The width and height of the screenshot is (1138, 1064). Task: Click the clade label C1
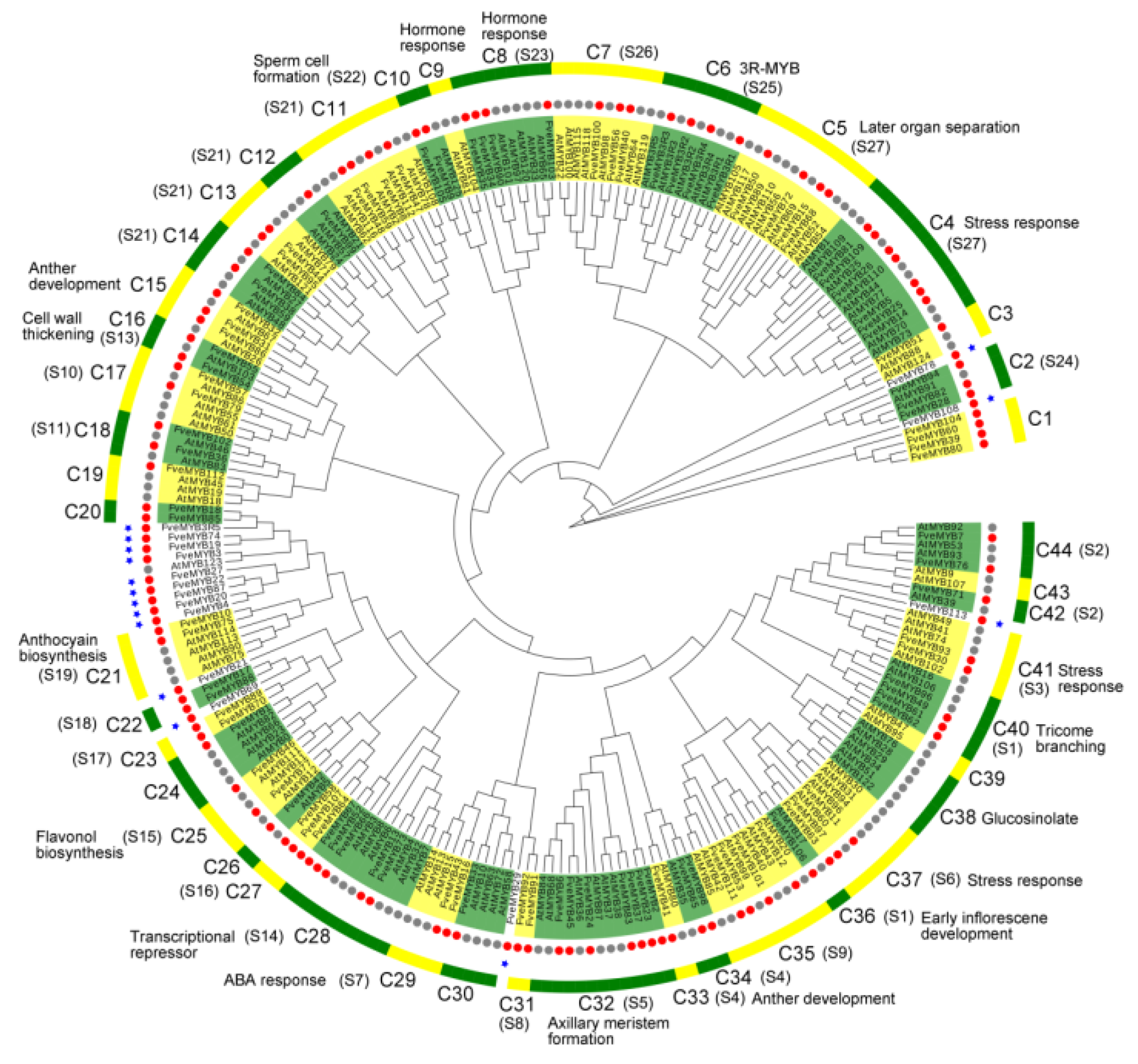pyautogui.click(x=1040, y=419)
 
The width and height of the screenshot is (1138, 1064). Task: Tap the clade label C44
pyautogui.click(x=1054, y=550)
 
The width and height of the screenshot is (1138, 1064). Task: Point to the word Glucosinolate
pyautogui.click(x=1030, y=819)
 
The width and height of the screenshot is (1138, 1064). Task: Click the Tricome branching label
pyautogui.click(x=1070, y=738)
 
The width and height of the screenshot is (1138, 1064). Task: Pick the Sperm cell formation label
pyautogui.click(x=291, y=69)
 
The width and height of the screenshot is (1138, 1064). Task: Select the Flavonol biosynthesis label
pyautogui.click(x=79, y=845)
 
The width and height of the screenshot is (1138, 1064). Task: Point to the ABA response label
pyautogui.click(x=274, y=980)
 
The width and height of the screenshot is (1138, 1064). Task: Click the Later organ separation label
pyautogui.click(x=939, y=127)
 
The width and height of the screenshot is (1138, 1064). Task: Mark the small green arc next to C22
pyautogui.click(x=152, y=719)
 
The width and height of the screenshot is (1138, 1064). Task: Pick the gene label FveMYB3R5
pyautogui.click(x=191, y=527)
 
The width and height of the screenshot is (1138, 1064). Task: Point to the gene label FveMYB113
pyautogui.click(x=938, y=611)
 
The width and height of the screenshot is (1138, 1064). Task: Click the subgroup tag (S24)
pyautogui.click(x=1059, y=361)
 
